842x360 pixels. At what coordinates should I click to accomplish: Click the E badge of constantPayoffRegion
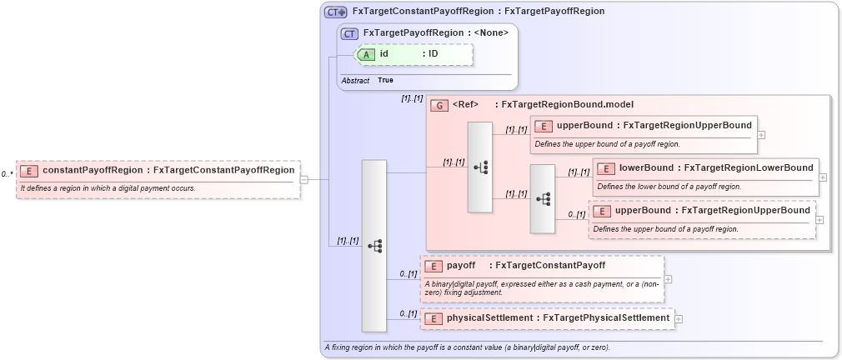pos(29,171)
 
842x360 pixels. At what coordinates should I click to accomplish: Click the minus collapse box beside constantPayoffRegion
pos(304,178)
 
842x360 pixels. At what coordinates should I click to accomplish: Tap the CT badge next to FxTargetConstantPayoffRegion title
pos(336,12)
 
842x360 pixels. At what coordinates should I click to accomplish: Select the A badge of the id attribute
pos(368,54)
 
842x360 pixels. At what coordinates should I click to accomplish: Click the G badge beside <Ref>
pos(439,105)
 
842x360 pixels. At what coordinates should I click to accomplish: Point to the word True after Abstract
pos(385,80)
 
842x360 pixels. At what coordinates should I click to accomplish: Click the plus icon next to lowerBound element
pos(823,177)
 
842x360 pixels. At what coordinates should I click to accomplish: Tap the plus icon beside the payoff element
pos(668,279)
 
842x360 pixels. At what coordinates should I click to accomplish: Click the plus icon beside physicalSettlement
pos(679,318)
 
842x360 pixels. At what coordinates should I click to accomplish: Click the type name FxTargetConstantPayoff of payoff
pos(550,266)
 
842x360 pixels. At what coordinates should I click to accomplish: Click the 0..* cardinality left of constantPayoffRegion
pos(8,174)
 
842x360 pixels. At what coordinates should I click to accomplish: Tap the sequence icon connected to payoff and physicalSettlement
pos(374,246)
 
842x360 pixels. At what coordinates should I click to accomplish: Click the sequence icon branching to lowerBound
pos(543,198)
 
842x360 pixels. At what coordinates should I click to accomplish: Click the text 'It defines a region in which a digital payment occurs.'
pos(108,188)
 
